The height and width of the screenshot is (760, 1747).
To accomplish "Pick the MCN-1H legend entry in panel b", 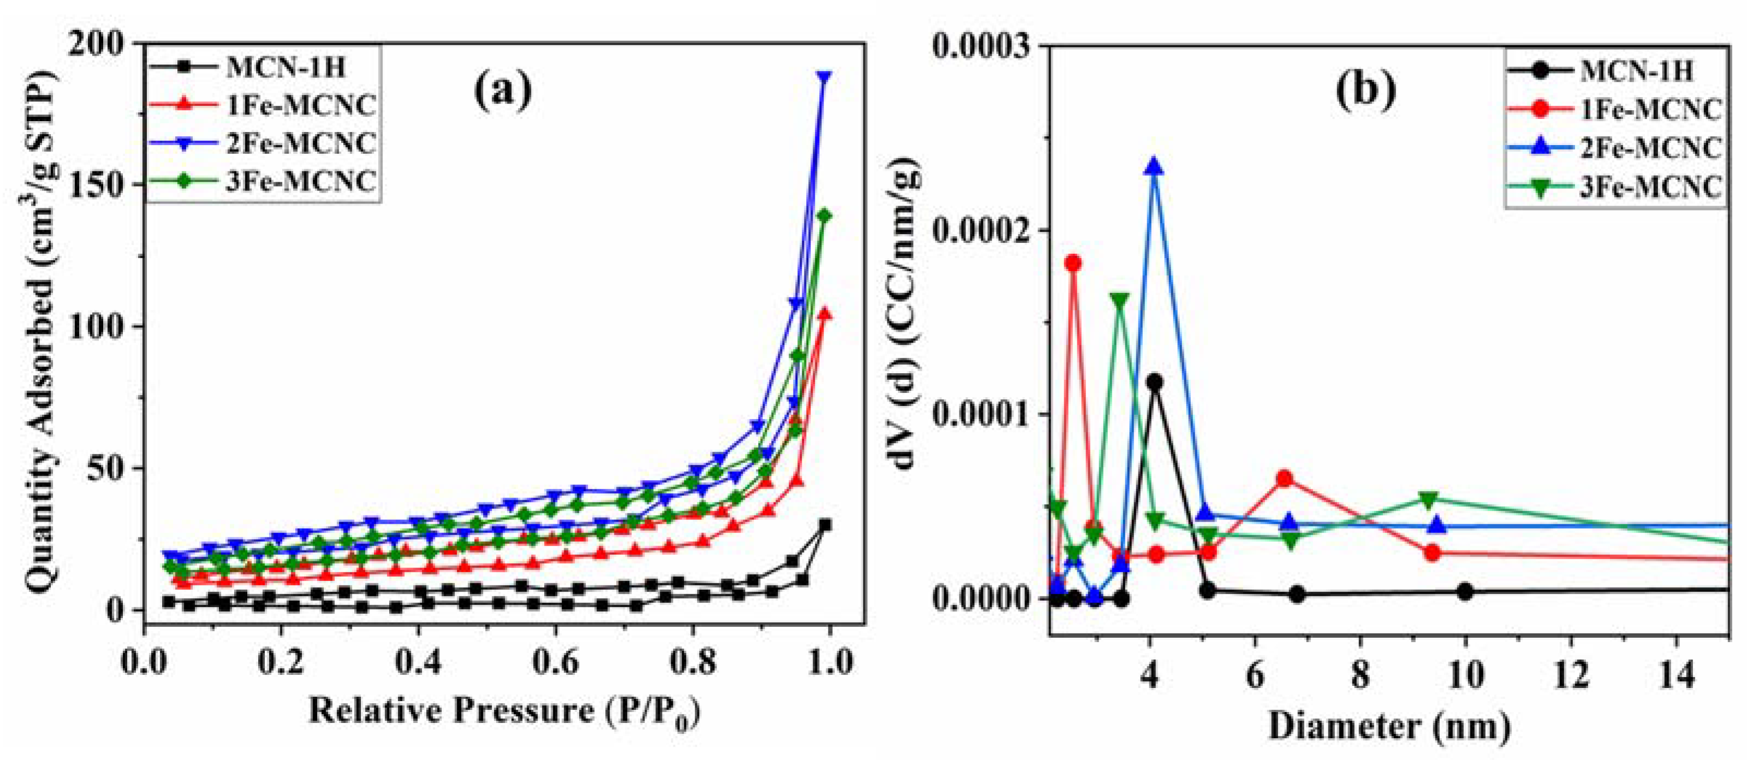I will (x=1636, y=71).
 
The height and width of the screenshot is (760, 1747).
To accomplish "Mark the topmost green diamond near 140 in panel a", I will (x=825, y=216).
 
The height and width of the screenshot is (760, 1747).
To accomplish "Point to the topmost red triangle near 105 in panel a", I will (x=825, y=314).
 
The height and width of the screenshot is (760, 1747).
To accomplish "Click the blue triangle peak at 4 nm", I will (x=1154, y=167).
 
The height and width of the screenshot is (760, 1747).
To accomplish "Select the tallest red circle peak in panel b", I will (x=1073, y=263).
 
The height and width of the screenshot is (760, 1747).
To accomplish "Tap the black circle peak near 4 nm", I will (x=1154, y=382).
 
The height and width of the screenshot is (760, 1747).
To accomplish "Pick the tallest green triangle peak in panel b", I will (x=1120, y=300).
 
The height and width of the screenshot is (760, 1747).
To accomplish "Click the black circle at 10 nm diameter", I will (x=1465, y=591).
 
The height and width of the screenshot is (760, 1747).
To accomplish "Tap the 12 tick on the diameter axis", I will (x=1571, y=675).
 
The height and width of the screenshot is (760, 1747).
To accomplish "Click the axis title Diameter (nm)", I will (x=1389, y=727).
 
